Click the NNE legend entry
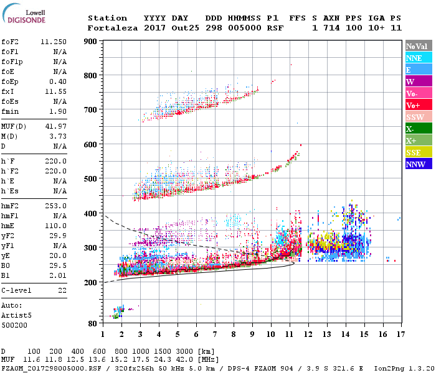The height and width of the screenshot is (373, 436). pyautogui.click(x=415, y=58)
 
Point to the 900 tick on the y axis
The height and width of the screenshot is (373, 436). pyautogui.click(x=92, y=42)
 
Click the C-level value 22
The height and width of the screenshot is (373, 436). pyautogui.click(x=62, y=290)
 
